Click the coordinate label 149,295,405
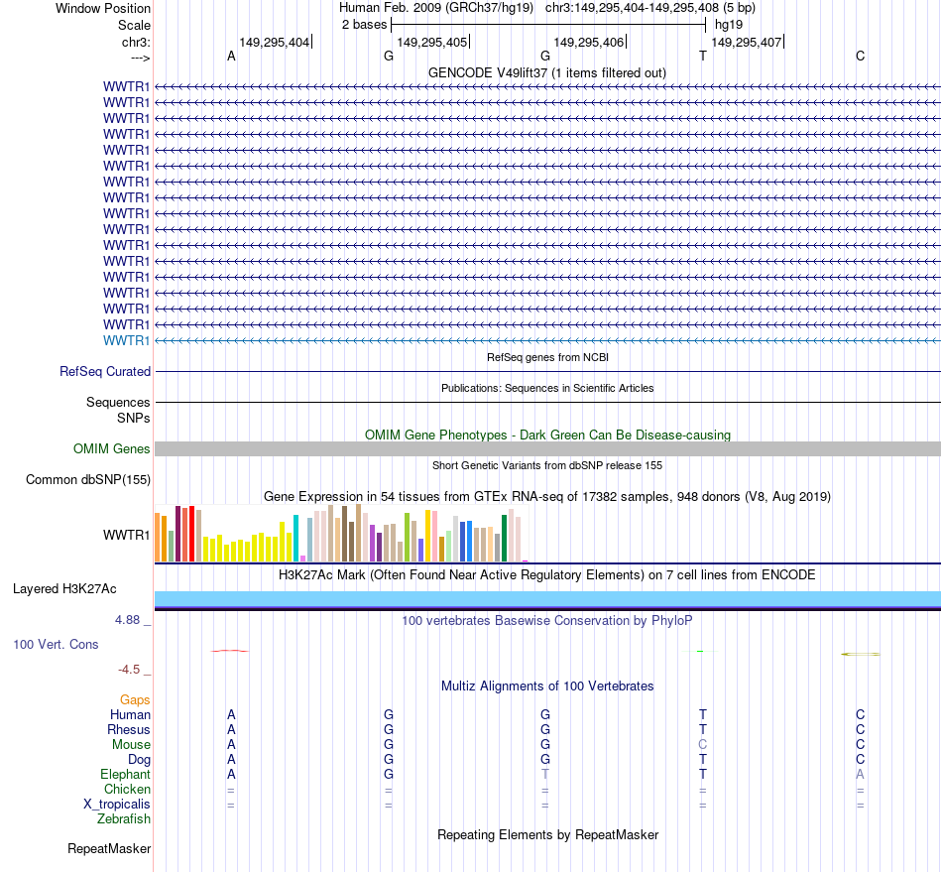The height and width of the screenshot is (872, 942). point(431,43)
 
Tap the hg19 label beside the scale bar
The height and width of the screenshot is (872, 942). point(729,25)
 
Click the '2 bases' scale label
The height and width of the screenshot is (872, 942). point(364,25)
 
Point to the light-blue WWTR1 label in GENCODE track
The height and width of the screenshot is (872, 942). point(127,340)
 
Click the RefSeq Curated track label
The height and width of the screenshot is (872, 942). point(105,372)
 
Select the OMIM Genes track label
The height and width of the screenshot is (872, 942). point(112,449)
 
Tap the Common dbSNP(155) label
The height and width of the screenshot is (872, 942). point(87,480)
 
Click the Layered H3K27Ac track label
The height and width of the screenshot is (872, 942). point(64,589)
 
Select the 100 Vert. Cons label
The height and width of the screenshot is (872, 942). point(56,645)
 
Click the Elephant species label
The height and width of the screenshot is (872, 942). point(125,775)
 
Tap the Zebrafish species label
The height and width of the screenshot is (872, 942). point(124,819)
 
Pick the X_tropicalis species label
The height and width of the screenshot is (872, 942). point(117,805)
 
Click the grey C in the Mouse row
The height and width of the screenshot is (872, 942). point(702,745)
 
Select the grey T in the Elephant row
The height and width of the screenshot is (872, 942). point(545,775)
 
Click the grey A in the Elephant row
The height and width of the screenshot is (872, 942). point(860,775)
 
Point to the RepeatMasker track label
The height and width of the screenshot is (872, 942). point(109,849)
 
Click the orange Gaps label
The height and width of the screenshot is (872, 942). point(135,700)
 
